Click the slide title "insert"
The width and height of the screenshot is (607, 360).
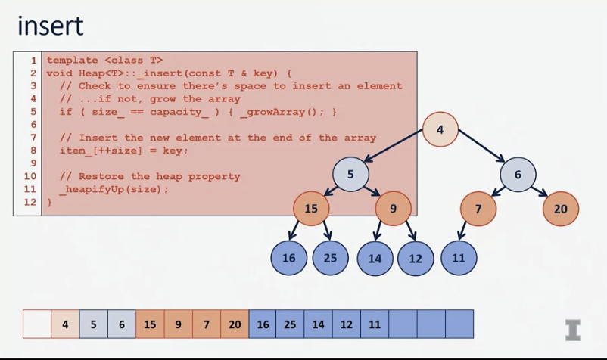click(x=50, y=26)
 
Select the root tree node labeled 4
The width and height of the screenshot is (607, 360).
click(x=440, y=130)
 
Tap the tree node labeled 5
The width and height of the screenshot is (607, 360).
click(x=350, y=175)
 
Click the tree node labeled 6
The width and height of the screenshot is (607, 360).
click(x=518, y=175)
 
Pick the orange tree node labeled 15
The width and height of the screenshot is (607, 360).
click(x=311, y=209)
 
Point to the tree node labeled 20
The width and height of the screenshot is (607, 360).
click(x=560, y=209)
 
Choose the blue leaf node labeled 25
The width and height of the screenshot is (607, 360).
click(x=330, y=258)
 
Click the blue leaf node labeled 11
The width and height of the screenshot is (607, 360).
click(x=459, y=258)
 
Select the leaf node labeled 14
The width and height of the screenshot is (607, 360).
click(x=375, y=258)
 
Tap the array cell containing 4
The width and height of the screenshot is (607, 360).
click(x=65, y=324)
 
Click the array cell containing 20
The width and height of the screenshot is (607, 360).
click(x=235, y=324)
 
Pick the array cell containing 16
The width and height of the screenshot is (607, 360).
click(x=263, y=324)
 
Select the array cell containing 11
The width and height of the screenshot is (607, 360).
click(x=375, y=324)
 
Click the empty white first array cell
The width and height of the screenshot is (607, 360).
click(x=37, y=324)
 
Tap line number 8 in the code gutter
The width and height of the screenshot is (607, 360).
click(x=33, y=150)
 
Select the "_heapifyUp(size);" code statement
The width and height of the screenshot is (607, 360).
click(x=114, y=189)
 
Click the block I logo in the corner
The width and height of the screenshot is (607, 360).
click(x=573, y=330)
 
